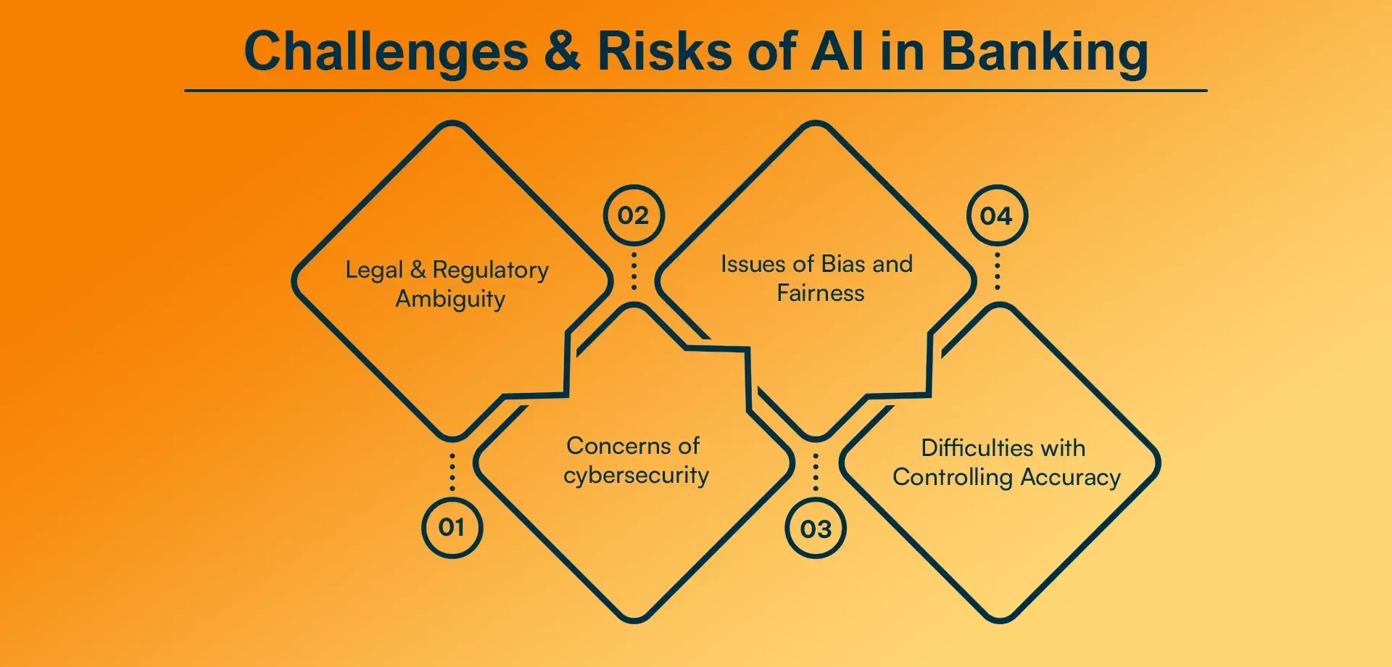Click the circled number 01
point(452,527)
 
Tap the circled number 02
point(634,215)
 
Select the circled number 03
point(816,529)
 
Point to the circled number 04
point(997,215)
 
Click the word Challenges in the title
point(386,52)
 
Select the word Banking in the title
point(1044,52)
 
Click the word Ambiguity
point(450,299)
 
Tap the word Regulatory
point(491,270)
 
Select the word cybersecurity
point(636,476)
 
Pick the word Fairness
point(821,293)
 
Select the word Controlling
point(953,477)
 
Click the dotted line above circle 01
point(452,473)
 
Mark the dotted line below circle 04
point(998,270)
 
